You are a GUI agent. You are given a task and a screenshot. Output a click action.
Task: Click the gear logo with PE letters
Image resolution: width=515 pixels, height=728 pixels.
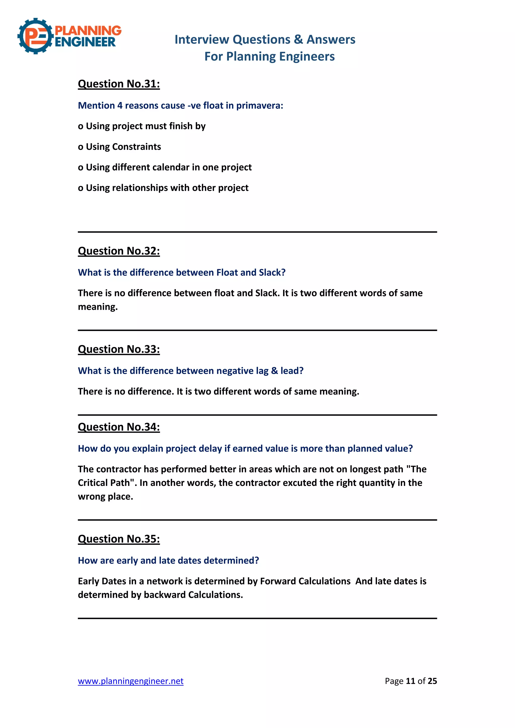[x=35, y=36]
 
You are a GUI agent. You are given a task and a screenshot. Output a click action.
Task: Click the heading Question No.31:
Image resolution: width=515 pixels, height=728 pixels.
[x=119, y=84]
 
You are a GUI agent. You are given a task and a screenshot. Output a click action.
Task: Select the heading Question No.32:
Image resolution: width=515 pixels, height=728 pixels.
[x=119, y=251]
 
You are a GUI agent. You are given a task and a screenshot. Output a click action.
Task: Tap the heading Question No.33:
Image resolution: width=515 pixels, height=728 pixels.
[x=119, y=349]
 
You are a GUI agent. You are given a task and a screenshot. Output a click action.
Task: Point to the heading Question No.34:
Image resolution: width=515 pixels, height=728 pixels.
[x=119, y=427]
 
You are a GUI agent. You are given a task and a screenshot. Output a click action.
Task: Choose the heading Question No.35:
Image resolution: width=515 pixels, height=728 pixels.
[x=119, y=539]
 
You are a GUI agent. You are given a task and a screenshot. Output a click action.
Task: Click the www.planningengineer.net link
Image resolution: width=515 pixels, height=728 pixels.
[x=131, y=681]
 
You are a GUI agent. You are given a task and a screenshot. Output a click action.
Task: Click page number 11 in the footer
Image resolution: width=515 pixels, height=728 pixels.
[x=410, y=681]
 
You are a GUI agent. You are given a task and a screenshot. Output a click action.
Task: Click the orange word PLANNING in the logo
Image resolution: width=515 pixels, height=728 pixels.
[x=88, y=30]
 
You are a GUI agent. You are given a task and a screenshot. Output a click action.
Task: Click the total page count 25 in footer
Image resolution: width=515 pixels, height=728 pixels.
[x=432, y=681]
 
